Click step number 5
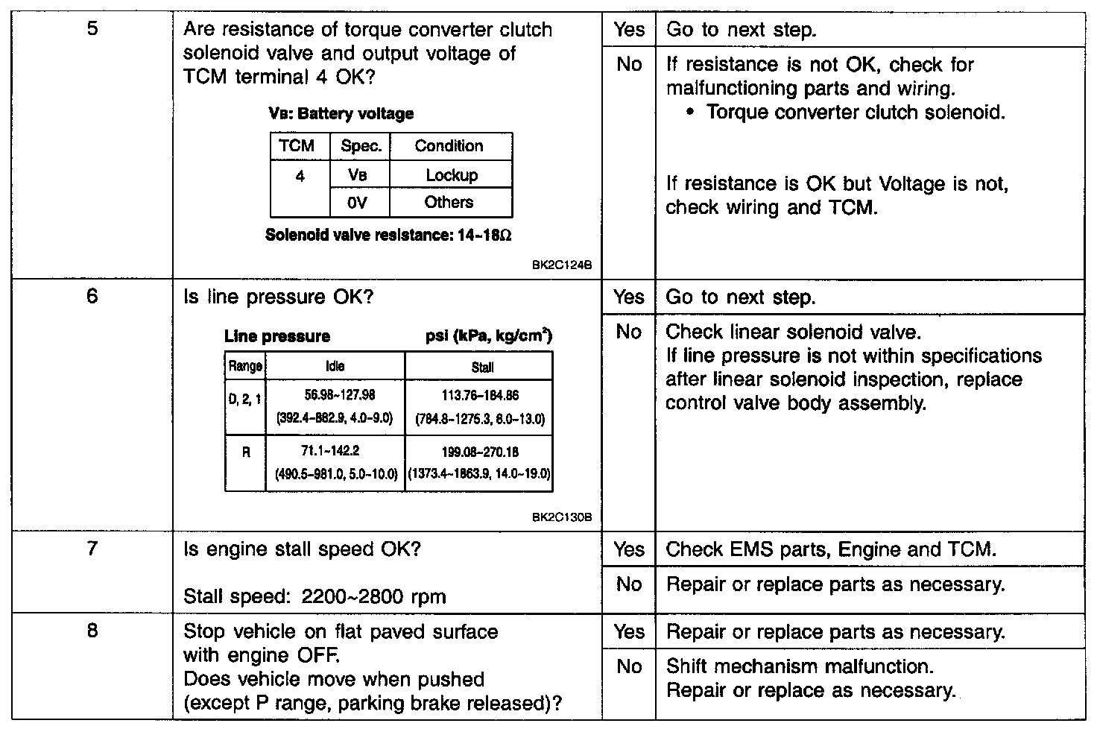pyautogui.click(x=92, y=31)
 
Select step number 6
pyautogui.click(x=92, y=297)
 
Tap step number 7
pyautogui.click(x=92, y=549)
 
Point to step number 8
pyautogui.click(x=92, y=631)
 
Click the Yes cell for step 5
pyautogui.click(x=628, y=30)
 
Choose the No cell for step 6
pyautogui.click(x=628, y=332)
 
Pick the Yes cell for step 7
pyautogui.click(x=628, y=549)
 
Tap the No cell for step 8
pyautogui.click(x=628, y=666)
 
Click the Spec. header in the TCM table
pyautogui.click(x=361, y=146)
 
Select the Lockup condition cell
pyautogui.click(x=452, y=175)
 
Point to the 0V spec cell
pyautogui.click(x=358, y=202)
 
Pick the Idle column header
pyautogui.click(x=335, y=366)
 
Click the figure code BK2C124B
pyautogui.click(x=566, y=265)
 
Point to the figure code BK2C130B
pyautogui.click(x=566, y=517)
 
